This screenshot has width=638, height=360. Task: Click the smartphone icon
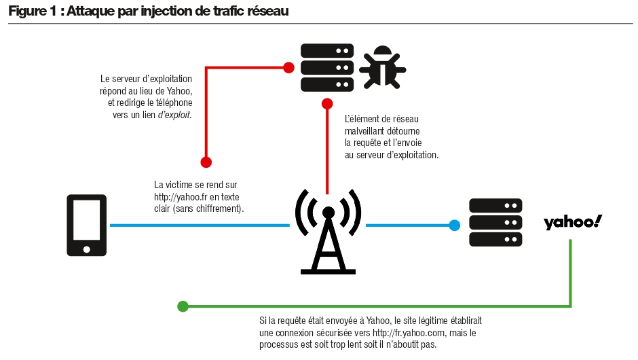pyautogui.click(x=86, y=225)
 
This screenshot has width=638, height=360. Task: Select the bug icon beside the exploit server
pyautogui.click(x=382, y=68)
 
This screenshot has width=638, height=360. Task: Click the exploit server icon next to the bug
pyautogui.click(x=326, y=68)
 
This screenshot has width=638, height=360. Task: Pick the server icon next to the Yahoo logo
pyautogui.click(x=495, y=223)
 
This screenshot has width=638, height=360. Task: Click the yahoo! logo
pyautogui.click(x=572, y=222)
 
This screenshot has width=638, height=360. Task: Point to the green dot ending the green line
pyautogui.click(x=183, y=306)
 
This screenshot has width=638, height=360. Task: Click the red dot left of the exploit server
pyautogui.click(x=288, y=67)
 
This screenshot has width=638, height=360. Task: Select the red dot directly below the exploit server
pyautogui.click(x=327, y=104)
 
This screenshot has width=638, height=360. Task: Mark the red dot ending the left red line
pyautogui.click(x=206, y=162)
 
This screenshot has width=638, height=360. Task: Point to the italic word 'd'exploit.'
pyautogui.click(x=174, y=115)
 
